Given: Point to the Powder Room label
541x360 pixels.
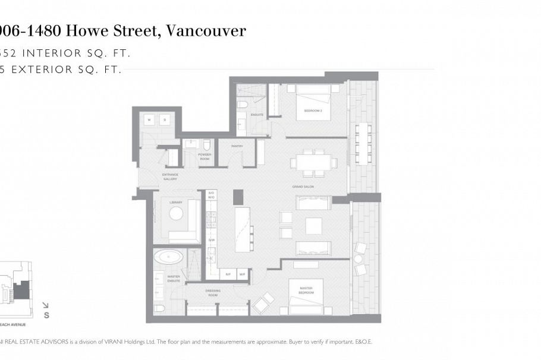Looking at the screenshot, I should (x=204, y=156).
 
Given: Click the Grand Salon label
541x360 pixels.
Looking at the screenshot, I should (x=299, y=186).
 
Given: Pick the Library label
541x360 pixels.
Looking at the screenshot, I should (x=175, y=203).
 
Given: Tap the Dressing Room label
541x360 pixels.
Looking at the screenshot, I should (x=213, y=292).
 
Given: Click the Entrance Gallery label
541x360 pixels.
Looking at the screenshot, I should (x=170, y=176).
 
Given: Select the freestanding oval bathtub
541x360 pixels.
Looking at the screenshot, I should (x=169, y=257).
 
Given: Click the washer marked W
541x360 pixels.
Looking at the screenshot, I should (x=149, y=119).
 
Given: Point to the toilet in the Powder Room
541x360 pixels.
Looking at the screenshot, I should (x=206, y=144).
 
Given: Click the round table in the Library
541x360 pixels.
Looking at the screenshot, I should (x=177, y=214).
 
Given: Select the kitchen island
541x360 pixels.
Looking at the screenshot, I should (x=243, y=229).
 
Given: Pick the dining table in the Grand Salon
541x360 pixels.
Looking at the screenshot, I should (x=313, y=162).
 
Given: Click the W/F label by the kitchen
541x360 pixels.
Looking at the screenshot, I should (x=242, y=274).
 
